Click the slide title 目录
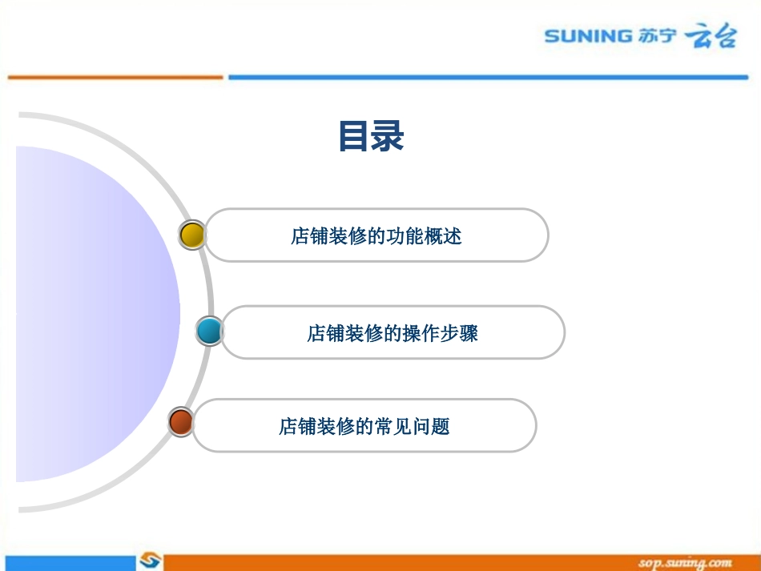click(371, 136)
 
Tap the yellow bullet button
click(192, 235)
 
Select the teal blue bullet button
click(210, 330)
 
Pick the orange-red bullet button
click(181, 421)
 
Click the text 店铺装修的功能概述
click(376, 236)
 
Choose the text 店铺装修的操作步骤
click(393, 333)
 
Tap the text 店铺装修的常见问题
click(364, 426)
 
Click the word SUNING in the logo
click(588, 36)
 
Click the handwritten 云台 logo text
click(710, 37)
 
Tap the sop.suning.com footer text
click(685, 563)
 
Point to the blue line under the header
click(489, 77)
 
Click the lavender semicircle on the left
click(88, 312)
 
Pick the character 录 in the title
click(388, 136)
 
